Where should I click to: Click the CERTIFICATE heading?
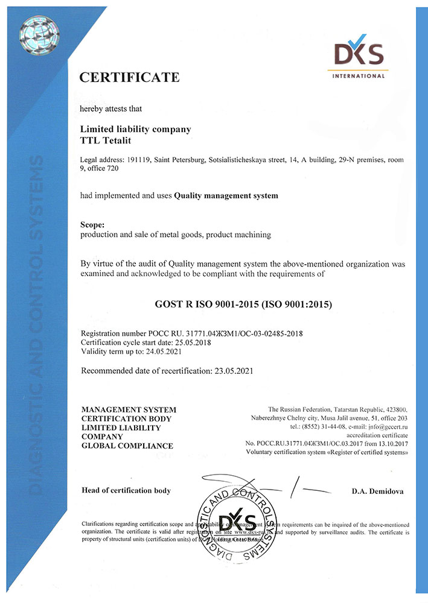point(130,77)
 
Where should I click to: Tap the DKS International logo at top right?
point(357,58)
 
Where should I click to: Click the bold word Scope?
point(93,224)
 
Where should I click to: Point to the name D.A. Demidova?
point(380,491)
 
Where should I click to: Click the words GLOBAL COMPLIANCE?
point(127,446)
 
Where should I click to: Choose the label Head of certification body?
point(126,490)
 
